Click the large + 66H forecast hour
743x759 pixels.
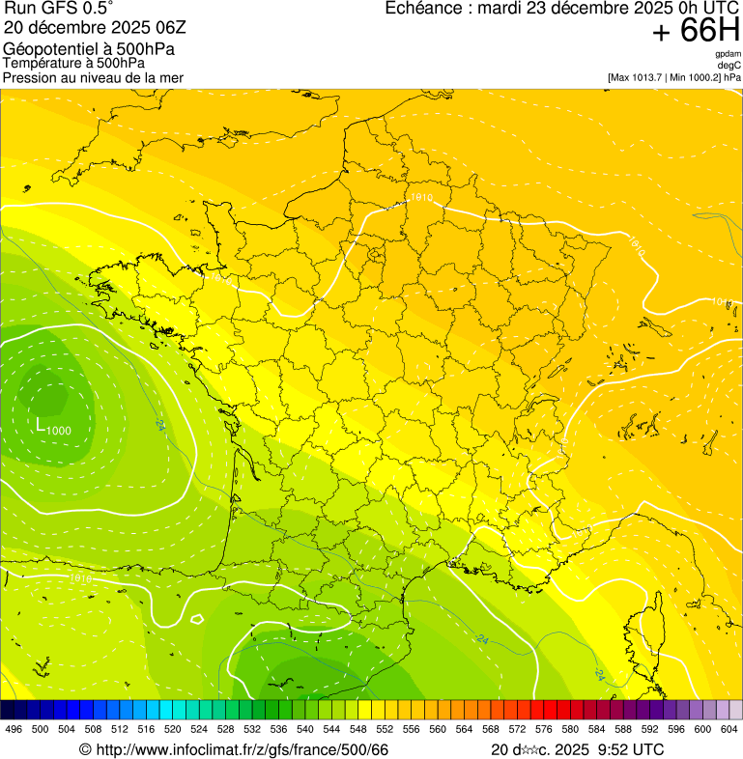click(695, 32)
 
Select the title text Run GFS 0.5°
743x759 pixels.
click(58, 9)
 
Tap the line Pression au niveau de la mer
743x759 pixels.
click(93, 77)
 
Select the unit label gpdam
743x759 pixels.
click(728, 54)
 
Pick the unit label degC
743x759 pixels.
click(729, 66)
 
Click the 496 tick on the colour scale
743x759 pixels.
click(14, 729)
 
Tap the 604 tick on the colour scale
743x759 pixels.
click(729, 729)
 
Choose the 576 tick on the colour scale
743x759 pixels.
click(544, 729)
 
